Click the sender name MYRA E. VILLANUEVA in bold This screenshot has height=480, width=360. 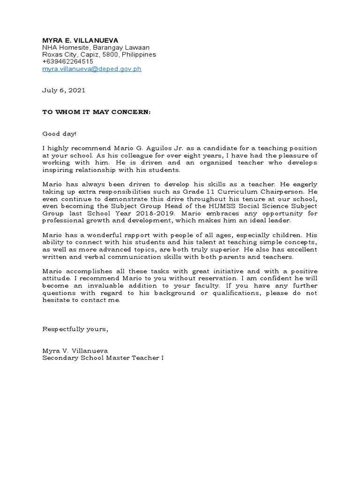point(80,40)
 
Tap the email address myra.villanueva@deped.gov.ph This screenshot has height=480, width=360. point(92,68)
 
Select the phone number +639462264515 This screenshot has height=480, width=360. point(67,61)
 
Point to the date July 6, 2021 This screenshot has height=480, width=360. point(64,90)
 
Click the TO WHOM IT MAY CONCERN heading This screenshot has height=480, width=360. point(97,112)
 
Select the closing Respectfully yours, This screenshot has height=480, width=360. point(75,329)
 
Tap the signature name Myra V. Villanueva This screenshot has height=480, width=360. point(75,351)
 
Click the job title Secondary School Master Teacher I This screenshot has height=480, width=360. point(103,358)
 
